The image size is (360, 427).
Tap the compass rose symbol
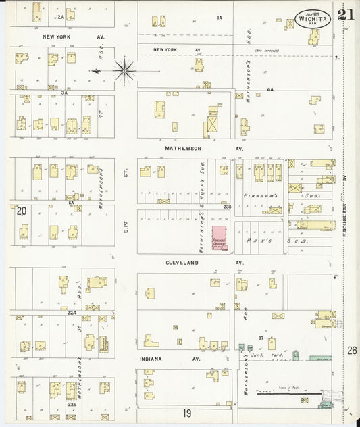point(124,70)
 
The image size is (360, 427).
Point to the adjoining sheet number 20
point(22,211)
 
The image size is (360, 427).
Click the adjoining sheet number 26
point(352,350)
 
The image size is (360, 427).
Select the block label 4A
point(269,89)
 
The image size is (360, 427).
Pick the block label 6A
point(70,202)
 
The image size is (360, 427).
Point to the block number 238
point(227,207)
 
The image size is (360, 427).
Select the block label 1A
point(219,17)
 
